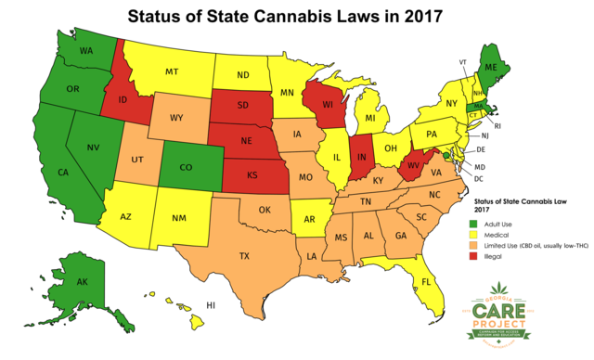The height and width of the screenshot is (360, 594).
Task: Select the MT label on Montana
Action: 172,71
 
